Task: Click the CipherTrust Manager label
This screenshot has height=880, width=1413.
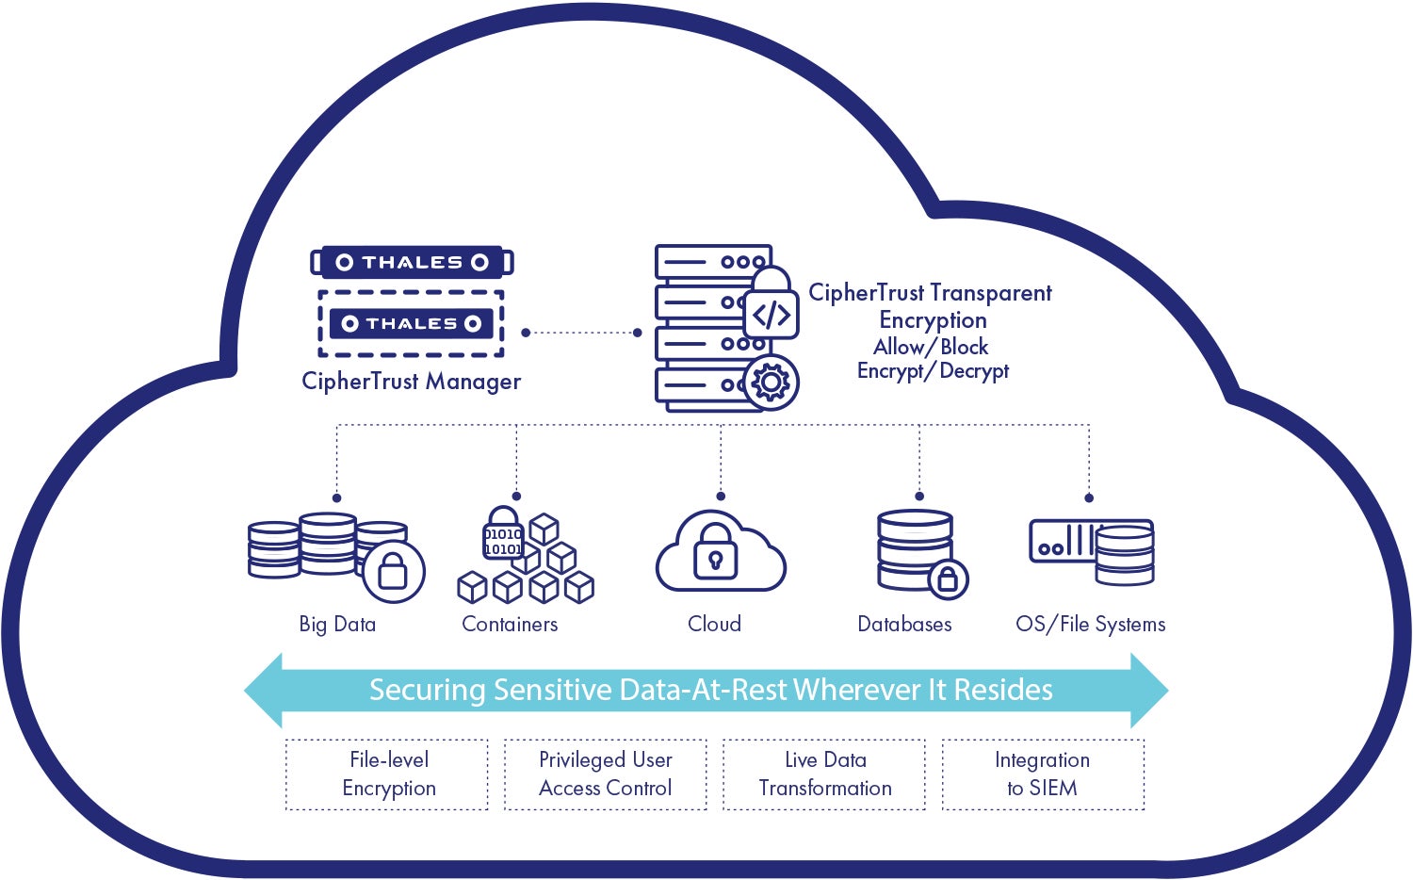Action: pyautogui.click(x=411, y=382)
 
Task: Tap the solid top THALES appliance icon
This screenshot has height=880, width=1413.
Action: pyautogui.click(x=412, y=262)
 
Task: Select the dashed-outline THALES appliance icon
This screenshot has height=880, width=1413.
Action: pyautogui.click(x=412, y=323)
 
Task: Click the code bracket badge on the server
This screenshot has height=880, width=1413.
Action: pyautogui.click(x=771, y=315)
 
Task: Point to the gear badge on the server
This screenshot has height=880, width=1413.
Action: pyautogui.click(x=771, y=383)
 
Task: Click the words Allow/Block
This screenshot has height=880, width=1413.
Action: pyautogui.click(x=931, y=347)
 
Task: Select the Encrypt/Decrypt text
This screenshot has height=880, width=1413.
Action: pyautogui.click(x=933, y=371)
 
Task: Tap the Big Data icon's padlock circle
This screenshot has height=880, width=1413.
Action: pyautogui.click(x=392, y=571)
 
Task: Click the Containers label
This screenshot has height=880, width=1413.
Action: pyautogui.click(x=510, y=624)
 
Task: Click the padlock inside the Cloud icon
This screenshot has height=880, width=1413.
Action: pyautogui.click(x=716, y=556)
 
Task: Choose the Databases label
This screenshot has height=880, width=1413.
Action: pyautogui.click(x=904, y=624)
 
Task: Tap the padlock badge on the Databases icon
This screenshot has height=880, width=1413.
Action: pyautogui.click(x=948, y=579)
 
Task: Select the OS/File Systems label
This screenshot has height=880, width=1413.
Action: pyautogui.click(x=1090, y=624)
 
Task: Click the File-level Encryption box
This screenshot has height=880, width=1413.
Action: pyautogui.click(x=387, y=774)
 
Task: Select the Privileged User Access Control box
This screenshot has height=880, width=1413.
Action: pyautogui.click(x=605, y=774)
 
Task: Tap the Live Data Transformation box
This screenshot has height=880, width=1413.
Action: pyautogui.click(x=824, y=774)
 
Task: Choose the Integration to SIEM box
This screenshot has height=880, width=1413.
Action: pyautogui.click(x=1043, y=774)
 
